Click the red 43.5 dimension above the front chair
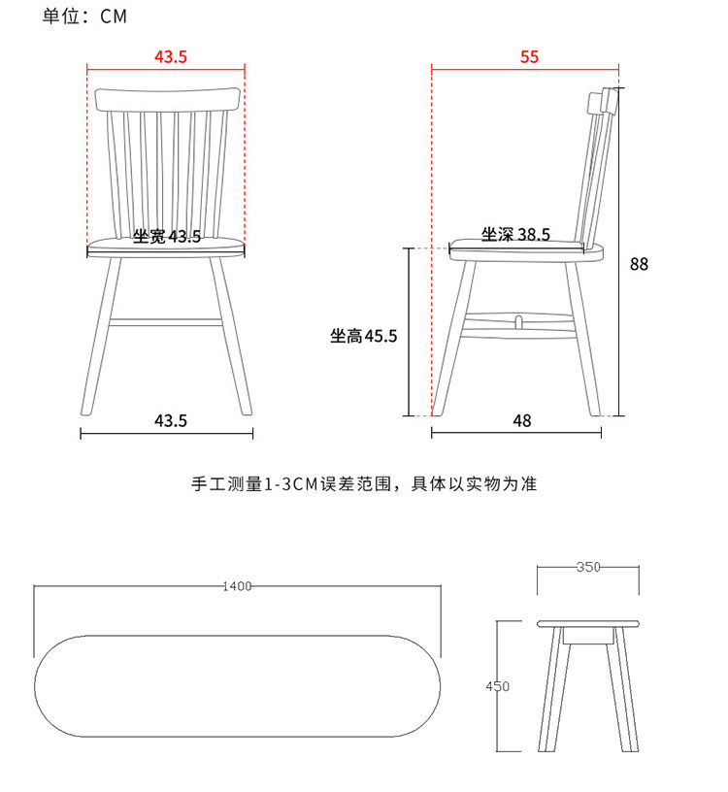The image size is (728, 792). [170, 56]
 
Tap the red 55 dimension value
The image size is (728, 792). [528, 56]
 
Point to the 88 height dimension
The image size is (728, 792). [638, 263]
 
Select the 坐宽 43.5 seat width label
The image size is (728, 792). [167, 236]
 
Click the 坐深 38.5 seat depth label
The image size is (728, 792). [515, 234]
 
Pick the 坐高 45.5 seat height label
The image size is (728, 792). [363, 336]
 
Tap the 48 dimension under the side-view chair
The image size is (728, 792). [522, 420]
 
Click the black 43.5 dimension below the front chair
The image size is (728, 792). [171, 420]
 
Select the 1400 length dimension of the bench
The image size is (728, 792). [237, 586]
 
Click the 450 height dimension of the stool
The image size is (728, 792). [497, 686]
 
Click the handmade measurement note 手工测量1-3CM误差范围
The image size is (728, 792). [364, 483]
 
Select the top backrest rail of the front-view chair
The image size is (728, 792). [168, 99]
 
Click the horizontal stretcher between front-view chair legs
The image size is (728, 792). [166, 320]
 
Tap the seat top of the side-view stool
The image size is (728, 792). [589, 622]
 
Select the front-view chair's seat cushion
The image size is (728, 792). [166, 247]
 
